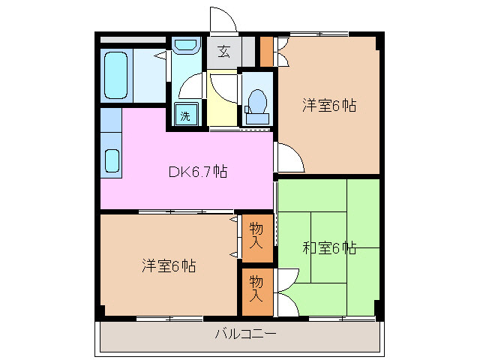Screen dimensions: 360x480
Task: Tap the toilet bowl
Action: point(257,100)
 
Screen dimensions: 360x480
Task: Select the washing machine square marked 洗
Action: point(184,116)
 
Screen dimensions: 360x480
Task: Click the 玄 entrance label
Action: point(224,52)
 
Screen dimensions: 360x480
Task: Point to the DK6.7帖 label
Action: point(197,172)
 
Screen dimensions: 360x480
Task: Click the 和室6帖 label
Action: point(328,247)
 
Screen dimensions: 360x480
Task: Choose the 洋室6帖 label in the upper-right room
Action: point(328,105)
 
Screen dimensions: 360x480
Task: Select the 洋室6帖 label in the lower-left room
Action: point(169,265)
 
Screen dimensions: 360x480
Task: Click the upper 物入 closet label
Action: point(256,235)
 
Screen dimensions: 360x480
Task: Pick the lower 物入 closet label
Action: point(256,288)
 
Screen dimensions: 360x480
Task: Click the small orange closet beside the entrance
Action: point(266,50)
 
